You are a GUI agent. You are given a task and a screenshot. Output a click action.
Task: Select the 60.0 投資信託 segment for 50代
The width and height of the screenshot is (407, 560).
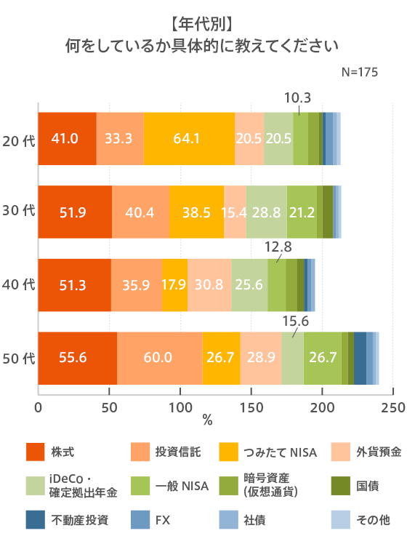pyautogui.click(x=159, y=358)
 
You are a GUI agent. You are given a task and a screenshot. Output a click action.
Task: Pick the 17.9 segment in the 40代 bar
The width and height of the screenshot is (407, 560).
pyautogui.click(x=174, y=285)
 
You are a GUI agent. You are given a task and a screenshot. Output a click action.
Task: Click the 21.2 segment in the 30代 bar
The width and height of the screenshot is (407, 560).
pyautogui.click(x=302, y=212)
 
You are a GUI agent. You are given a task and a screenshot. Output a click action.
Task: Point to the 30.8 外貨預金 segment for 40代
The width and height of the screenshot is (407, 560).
pyautogui.click(x=209, y=285)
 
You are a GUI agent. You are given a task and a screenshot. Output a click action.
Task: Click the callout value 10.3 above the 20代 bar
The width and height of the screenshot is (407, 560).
pyautogui.click(x=297, y=97)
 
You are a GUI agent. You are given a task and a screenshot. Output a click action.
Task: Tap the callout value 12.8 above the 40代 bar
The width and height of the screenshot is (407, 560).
pyautogui.click(x=278, y=247)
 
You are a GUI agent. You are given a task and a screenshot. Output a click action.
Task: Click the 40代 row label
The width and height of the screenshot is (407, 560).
pyautogui.click(x=19, y=285)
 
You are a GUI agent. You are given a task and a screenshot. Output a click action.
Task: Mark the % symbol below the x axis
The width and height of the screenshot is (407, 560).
pyautogui.click(x=207, y=421)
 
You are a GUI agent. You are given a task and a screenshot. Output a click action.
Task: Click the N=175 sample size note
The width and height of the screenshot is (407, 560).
pyautogui.click(x=359, y=73)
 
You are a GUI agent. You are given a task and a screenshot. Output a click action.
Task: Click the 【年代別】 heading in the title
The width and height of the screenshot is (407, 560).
pyautogui.click(x=203, y=21)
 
